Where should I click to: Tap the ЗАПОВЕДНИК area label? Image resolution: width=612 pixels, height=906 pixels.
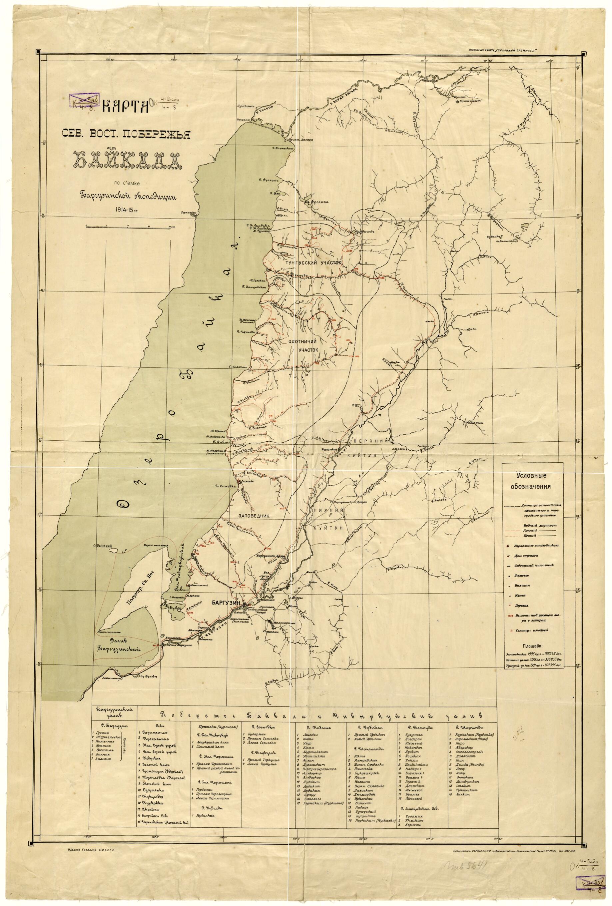pyautogui.click(x=255, y=515)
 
